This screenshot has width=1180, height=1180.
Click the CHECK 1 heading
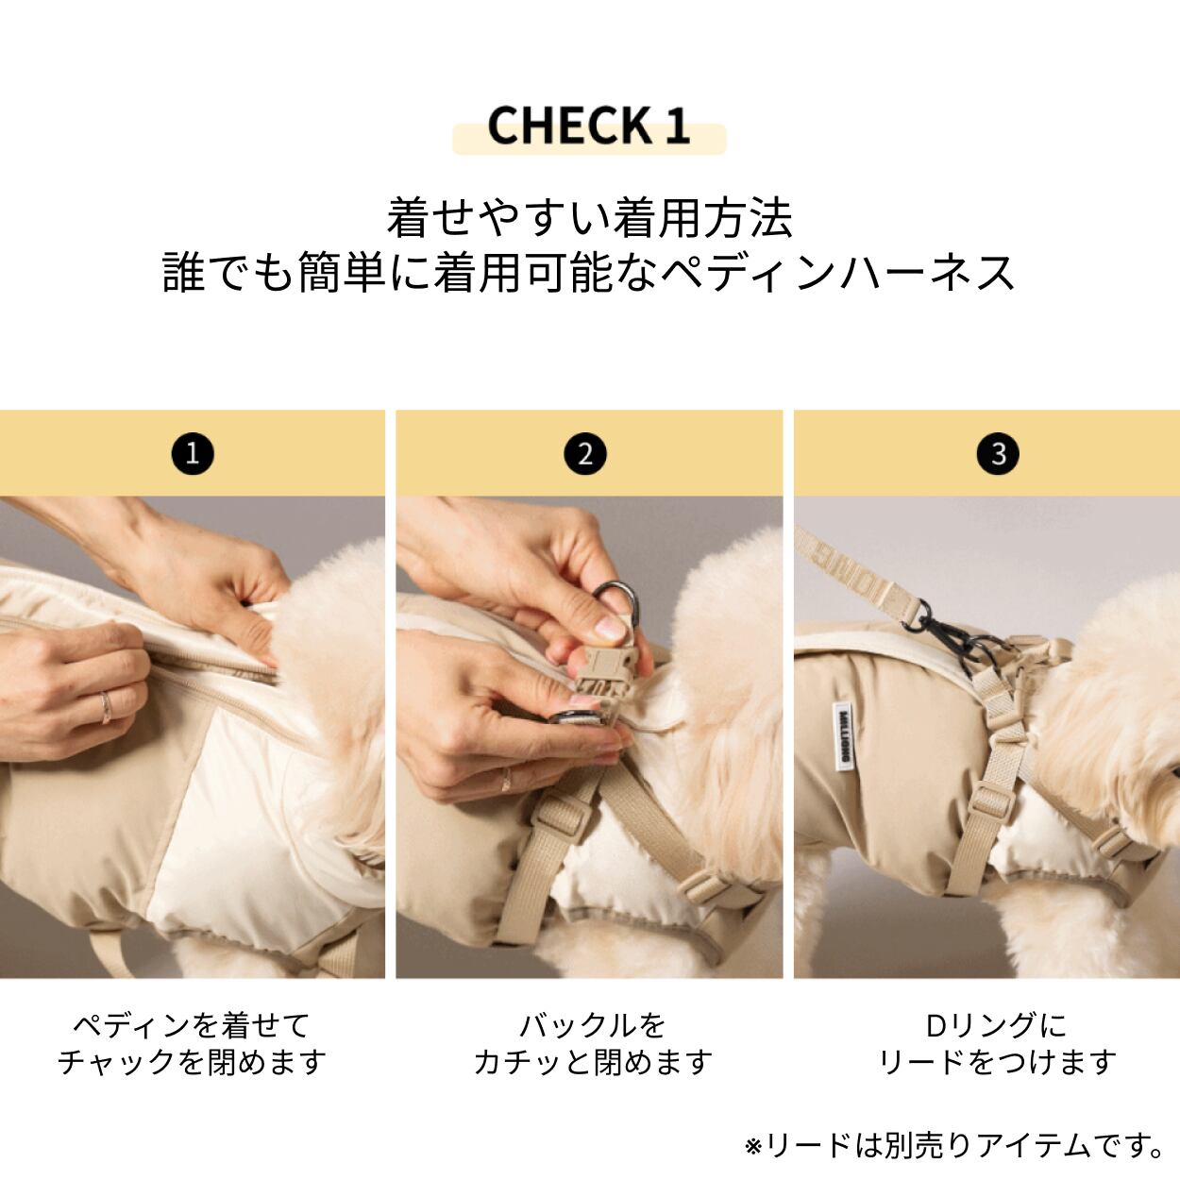(x=589, y=126)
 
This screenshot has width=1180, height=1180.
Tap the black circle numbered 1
(x=193, y=454)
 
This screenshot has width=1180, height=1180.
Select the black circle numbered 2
(x=585, y=454)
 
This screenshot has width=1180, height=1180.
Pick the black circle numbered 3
(x=998, y=454)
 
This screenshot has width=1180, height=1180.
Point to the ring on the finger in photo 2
(x=506, y=780)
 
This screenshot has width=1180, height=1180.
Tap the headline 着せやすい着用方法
(x=590, y=218)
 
